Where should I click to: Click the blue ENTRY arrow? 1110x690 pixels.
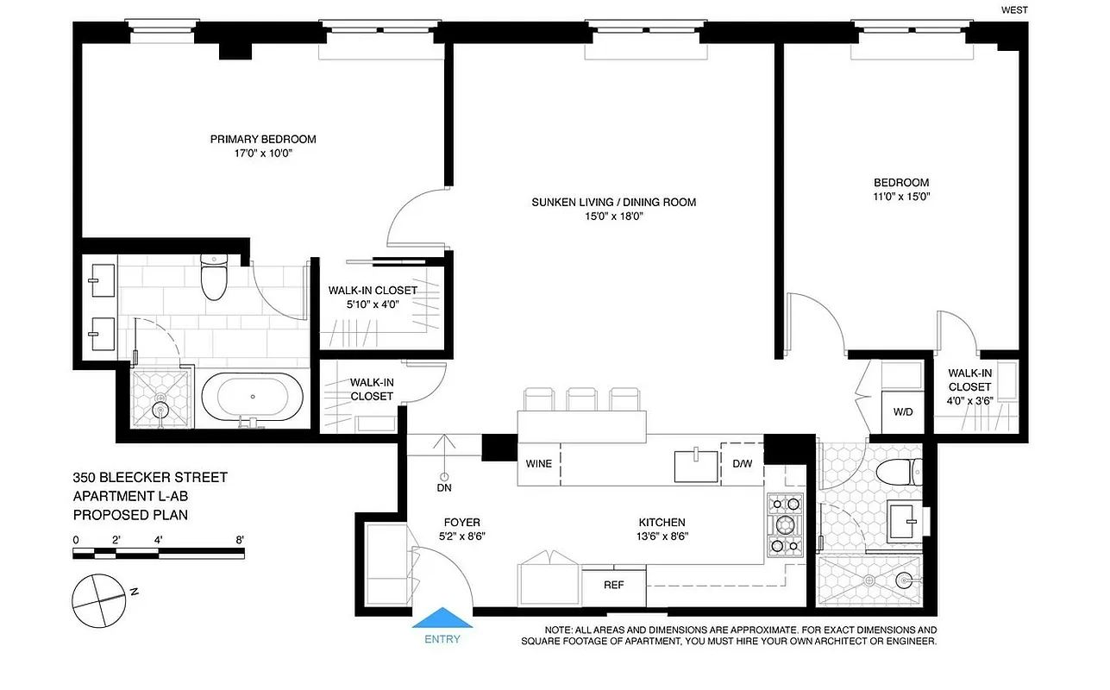click(442, 618)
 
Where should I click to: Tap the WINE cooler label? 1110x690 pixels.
click(539, 463)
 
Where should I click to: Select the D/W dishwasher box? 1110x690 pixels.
click(742, 463)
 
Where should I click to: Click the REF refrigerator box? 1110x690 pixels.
click(613, 585)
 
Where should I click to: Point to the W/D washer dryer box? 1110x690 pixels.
click(903, 411)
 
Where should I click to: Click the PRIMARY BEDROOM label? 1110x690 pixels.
click(263, 139)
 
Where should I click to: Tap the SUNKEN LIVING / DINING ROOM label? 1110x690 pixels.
click(613, 203)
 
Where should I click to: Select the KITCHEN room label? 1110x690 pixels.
click(662, 523)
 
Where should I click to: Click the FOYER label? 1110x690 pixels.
click(461, 523)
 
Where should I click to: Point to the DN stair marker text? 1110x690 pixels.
click(444, 488)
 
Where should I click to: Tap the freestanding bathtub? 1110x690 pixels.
click(253, 397)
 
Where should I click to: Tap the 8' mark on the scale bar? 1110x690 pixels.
click(239, 540)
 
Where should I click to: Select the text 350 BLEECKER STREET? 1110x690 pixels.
click(150, 477)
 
